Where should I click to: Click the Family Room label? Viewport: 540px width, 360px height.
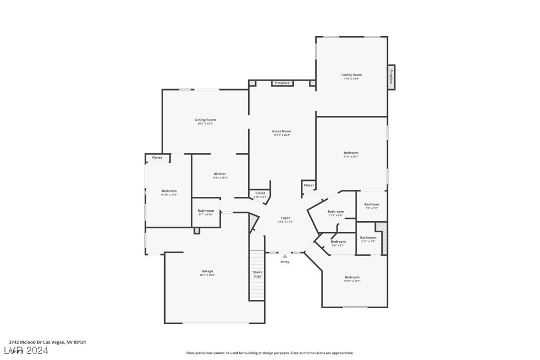coord(351,75)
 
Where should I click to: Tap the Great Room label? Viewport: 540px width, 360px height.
coord(281,131)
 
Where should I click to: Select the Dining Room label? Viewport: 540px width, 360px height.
coord(205,120)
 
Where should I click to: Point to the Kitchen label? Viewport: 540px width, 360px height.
coord(220,174)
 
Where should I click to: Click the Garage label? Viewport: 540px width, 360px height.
coord(207,271)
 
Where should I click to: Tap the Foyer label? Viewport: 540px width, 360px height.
coord(285,218)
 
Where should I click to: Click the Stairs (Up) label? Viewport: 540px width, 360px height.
coord(257,274)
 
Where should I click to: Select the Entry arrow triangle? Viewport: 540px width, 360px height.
coord(285,256)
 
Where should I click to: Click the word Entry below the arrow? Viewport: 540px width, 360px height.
coord(285,262)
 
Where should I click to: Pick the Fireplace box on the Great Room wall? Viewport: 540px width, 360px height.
coord(282,83)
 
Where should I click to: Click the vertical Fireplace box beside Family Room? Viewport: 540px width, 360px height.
coord(391,77)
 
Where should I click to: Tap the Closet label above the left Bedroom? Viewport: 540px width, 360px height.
coord(157,158)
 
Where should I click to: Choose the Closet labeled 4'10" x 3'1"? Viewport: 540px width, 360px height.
coord(260,193)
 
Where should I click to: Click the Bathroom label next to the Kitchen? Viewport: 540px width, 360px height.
coord(206,211)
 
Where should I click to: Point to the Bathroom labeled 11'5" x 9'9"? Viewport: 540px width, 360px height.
coord(336,212)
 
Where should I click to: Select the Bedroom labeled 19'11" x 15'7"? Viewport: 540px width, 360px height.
coord(352,277)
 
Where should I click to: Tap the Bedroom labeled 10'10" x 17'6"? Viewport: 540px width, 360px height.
coord(169,191)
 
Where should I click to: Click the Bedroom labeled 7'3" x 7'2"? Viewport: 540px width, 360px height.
coord(371,204)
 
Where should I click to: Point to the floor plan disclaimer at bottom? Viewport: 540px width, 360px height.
coord(270,353)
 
